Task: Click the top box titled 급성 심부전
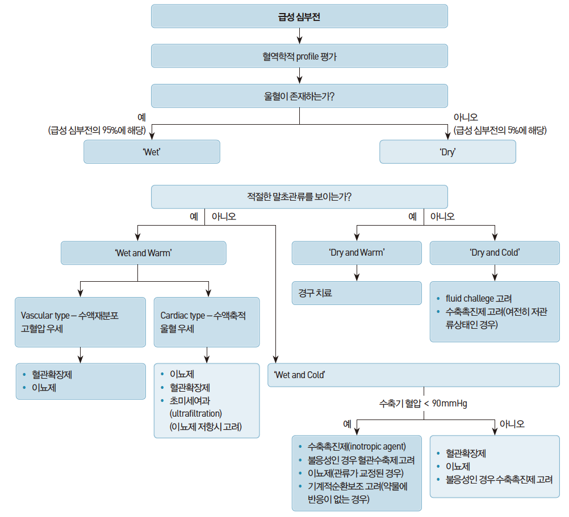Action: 299,16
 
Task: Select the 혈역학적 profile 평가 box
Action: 299,56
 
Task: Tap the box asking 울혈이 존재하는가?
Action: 299,96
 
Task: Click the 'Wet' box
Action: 152,152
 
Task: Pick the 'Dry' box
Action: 447,152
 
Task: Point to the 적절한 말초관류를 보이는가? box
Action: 299,197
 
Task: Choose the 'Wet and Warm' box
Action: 143,253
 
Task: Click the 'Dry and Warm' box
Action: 357,253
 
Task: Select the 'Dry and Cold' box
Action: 495,253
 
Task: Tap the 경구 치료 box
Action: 357,293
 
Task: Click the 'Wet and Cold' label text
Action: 299,375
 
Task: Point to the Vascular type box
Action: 80,322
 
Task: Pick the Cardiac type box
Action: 207,322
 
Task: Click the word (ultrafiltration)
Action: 195,414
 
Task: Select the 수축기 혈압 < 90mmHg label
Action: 423,403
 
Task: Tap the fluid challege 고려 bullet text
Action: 479,299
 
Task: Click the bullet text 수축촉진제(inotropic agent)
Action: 357,447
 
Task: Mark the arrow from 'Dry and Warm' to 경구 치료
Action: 357,273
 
